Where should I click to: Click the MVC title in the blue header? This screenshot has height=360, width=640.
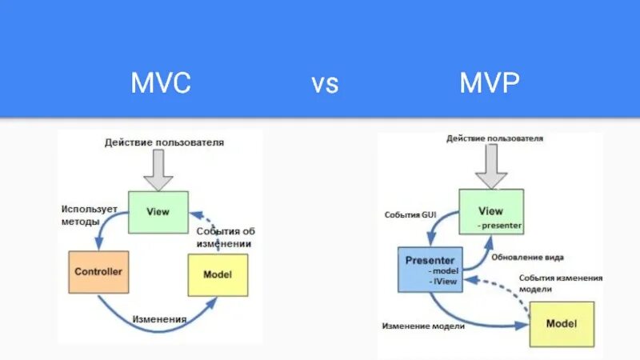[x=161, y=83]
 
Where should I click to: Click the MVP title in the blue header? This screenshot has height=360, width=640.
[x=490, y=83]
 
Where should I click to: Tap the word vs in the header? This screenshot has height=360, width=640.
[x=325, y=84]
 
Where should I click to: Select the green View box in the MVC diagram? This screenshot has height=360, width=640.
[x=158, y=212]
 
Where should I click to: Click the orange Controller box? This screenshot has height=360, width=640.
[x=98, y=272]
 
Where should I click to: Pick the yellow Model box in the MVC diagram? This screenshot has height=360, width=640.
[x=218, y=274]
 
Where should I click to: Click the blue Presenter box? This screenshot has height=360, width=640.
[x=430, y=269]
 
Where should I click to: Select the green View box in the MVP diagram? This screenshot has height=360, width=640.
[x=491, y=212]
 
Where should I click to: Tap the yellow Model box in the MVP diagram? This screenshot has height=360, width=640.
[x=562, y=324]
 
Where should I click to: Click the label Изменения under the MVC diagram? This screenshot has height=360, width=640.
[x=161, y=318]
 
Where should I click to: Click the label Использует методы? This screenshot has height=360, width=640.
[x=90, y=214]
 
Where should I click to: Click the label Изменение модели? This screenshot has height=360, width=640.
[x=423, y=326]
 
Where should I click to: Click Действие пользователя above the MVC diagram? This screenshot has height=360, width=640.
[x=164, y=142]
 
